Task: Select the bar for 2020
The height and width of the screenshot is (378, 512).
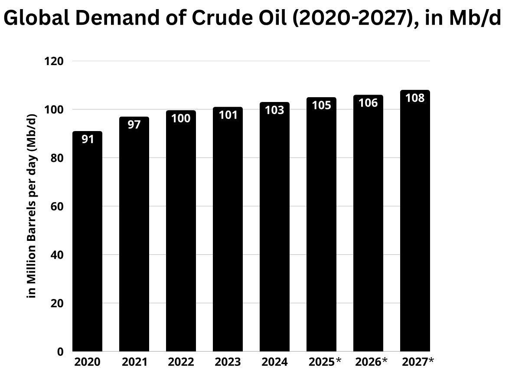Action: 87,243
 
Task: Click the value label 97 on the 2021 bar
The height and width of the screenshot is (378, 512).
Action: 134,125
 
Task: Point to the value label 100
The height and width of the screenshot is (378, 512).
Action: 181,118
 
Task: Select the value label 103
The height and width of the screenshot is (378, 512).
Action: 274,110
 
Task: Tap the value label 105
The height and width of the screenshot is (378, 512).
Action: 321,105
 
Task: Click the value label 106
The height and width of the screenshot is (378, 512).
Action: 368,103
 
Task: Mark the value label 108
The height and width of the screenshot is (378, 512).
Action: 415,98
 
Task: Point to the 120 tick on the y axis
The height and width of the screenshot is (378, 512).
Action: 55,61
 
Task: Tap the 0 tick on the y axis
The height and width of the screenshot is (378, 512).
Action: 60,352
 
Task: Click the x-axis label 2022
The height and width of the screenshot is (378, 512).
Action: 181,362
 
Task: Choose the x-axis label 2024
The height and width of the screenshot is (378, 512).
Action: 274,362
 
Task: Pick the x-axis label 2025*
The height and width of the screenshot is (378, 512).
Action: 325,362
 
